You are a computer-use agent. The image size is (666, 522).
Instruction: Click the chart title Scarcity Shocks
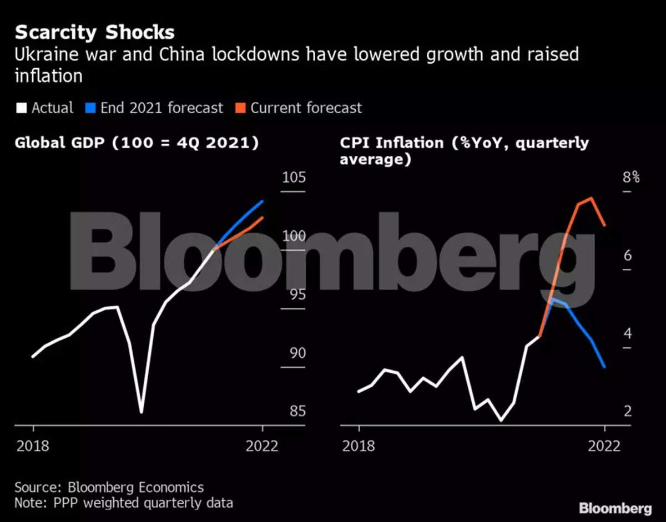pos(94,32)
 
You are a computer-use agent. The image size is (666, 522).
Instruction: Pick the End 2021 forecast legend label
pos(162,108)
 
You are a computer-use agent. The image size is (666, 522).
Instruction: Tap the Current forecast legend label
pos(306,108)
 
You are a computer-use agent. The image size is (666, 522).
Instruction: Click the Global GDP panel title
pos(137,143)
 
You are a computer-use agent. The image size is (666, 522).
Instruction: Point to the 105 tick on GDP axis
pos(294,179)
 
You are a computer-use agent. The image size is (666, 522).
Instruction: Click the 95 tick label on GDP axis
pos(294,295)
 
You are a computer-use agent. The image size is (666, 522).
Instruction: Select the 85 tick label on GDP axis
pos(294,412)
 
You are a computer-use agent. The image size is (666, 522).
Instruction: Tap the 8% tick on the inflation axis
pos(631,179)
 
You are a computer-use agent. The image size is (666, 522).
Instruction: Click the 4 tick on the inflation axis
pos(628,334)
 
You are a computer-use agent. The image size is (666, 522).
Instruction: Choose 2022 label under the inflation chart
pos(604,446)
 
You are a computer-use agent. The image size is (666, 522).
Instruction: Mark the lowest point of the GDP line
pos(142,412)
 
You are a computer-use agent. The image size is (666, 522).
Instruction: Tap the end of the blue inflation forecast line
pos(604,367)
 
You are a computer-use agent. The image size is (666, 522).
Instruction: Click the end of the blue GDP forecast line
pos(263,201)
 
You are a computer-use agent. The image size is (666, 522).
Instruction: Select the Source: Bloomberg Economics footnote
pos(109,488)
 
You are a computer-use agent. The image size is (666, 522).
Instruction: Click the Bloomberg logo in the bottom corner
pos(615,508)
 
